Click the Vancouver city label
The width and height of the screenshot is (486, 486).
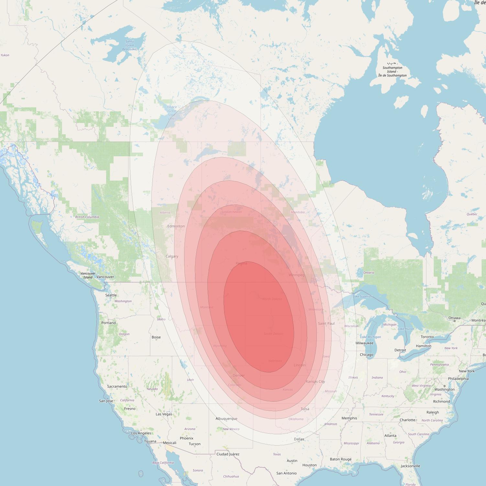click(x=105, y=277)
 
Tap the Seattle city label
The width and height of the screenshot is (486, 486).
click(x=111, y=295)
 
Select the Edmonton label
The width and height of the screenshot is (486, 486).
click(x=176, y=226)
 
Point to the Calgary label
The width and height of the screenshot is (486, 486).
click(x=172, y=256)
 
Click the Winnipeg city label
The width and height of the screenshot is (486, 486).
click(x=297, y=275)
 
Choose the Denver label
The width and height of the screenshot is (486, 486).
click(x=239, y=375)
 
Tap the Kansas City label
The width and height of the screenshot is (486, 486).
click(x=315, y=381)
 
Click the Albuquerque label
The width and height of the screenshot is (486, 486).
click(x=226, y=418)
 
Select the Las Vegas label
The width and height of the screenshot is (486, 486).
click(x=164, y=414)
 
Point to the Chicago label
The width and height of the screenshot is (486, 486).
click(x=367, y=355)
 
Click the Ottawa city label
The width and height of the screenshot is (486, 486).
click(x=454, y=318)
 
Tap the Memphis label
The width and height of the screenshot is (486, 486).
click(x=349, y=418)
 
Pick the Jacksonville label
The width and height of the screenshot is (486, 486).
click(x=410, y=466)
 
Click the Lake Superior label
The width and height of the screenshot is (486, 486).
click(x=362, y=296)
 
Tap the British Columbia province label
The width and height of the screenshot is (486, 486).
click(x=87, y=217)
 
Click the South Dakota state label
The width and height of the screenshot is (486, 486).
click(x=273, y=334)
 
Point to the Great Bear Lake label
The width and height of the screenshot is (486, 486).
click(x=129, y=45)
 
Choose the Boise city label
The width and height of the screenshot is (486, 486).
click(x=156, y=337)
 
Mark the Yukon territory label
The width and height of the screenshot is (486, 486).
click(x=5, y=55)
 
